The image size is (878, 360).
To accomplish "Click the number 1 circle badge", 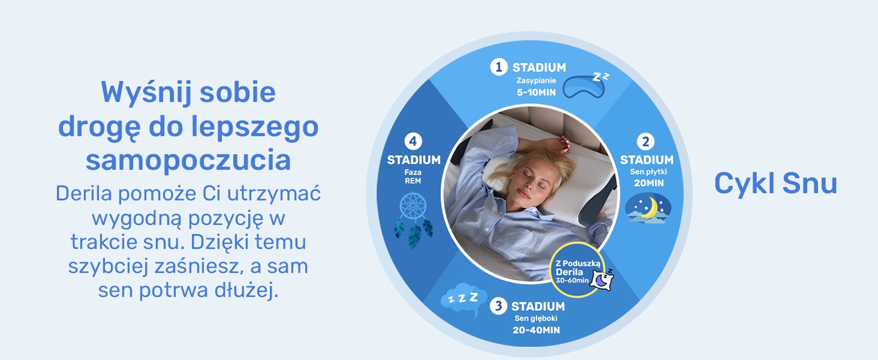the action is pyautogui.click(x=498, y=67).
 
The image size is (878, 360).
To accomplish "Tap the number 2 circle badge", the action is pyautogui.click(x=645, y=142).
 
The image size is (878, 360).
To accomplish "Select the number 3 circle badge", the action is pyautogui.click(x=498, y=306).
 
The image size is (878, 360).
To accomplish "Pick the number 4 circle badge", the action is pyautogui.click(x=413, y=141).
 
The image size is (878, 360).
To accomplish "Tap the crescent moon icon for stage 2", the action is pyautogui.click(x=648, y=209).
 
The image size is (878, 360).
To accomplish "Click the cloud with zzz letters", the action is pyautogui.click(x=464, y=300).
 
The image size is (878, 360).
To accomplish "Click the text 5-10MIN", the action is pyautogui.click(x=536, y=92).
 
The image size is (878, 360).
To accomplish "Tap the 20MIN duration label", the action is pyautogui.click(x=649, y=183).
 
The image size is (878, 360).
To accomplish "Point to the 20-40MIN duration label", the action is pyautogui.click(x=536, y=330).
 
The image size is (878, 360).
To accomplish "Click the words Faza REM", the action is pyautogui.click(x=413, y=176).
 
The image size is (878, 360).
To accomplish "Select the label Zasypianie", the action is pyautogui.click(x=536, y=80).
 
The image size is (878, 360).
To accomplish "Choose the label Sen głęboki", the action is pyautogui.click(x=536, y=319).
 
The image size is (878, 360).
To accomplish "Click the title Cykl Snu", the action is pyautogui.click(x=775, y=183).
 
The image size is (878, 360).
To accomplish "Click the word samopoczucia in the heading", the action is pyautogui.click(x=188, y=160).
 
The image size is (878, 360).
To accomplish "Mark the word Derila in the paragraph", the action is pyautogui.click(x=84, y=193).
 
